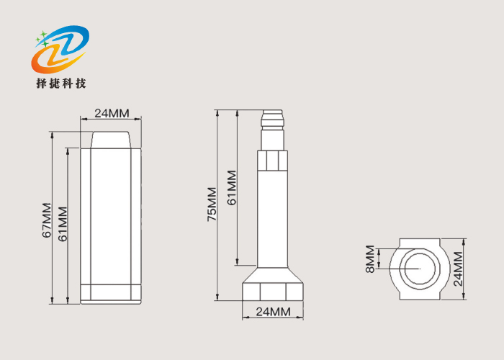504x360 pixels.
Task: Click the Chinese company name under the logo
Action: tap(61, 84)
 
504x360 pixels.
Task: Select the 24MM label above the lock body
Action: tap(112, 113)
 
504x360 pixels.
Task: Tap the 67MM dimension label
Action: tap(47, 220)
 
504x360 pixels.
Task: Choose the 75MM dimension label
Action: tap(212, 204)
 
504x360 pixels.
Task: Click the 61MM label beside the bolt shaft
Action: tap(231, 188)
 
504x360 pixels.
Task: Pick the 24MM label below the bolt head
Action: tap(273, 312)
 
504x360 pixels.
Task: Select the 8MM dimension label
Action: tap(369, 259)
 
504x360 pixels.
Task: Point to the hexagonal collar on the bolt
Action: tap(273, 160)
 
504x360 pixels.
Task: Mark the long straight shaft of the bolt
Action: tap(273, 216)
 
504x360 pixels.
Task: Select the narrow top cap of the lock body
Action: tap(112, 139)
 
